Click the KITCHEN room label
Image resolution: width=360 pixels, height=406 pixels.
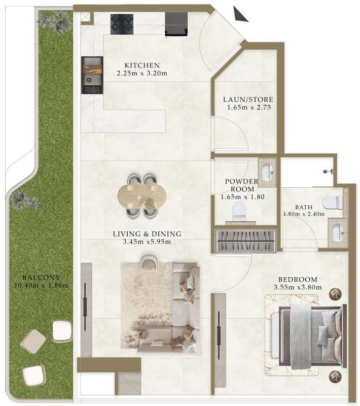[142, 65]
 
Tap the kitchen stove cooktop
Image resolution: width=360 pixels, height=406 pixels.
[122, 24]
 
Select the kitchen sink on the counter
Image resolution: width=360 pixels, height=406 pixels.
[92, 75]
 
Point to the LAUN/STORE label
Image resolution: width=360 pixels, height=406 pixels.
[248, 99]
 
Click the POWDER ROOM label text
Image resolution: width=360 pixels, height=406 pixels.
[242, 185]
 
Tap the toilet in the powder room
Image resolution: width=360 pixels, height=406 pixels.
[239, 212]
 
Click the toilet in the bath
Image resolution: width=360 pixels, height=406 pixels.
[333, 202]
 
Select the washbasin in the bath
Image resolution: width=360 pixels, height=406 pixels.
[338, 232]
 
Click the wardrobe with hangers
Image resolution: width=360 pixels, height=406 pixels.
[245, 241]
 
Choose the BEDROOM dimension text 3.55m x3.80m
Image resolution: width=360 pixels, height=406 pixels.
[298, 287]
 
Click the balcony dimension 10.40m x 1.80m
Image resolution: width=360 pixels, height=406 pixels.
[42, 285]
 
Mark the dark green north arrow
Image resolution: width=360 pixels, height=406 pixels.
[240, 14]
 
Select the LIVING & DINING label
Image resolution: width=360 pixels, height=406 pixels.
[147, 234]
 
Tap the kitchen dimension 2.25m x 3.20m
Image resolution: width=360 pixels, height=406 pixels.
[142, 73]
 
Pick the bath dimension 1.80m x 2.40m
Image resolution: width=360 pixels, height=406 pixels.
[304, 214]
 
